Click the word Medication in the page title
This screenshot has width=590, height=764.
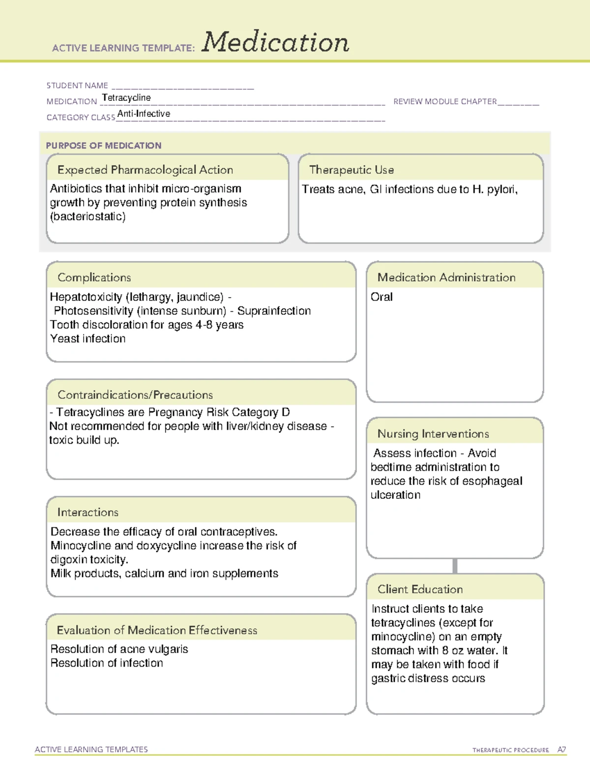coord(275,42)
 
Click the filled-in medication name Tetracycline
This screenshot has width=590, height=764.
coord(126,98)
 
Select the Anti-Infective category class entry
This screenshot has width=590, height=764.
coord(144,114)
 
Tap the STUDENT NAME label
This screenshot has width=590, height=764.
coord(77,86)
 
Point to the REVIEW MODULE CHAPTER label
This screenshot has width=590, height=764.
coord(445,101)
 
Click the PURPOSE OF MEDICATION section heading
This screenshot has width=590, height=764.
coord(104,146)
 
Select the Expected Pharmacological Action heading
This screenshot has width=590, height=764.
coord(145,170)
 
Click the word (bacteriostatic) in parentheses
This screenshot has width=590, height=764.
coord(88,216)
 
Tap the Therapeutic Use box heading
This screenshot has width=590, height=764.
coord(352,170)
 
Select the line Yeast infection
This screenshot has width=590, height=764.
coord(88,339)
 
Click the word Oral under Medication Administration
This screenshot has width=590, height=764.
coord(382,297)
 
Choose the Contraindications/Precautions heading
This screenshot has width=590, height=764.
coord(135,395)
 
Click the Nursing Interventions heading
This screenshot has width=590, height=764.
coord(433,434)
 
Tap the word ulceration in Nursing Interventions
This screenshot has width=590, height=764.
coord(395,495)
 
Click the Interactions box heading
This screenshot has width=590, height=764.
coord(88,513)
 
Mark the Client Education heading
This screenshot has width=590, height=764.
coord(420,589)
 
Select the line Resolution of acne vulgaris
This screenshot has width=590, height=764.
coord(119,649)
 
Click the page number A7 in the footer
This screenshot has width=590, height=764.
coord(561,750)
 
